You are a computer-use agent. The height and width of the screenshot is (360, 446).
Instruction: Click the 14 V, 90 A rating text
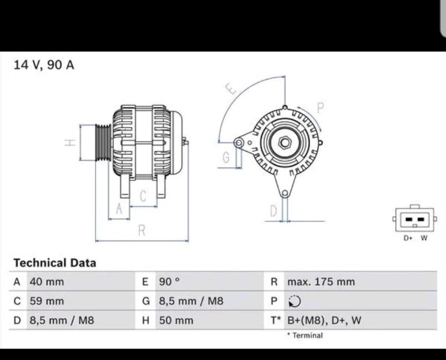[44, 65]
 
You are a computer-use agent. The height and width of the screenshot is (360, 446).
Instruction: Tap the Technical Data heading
[54, 263]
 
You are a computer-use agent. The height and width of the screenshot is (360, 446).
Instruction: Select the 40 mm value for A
[46, 282]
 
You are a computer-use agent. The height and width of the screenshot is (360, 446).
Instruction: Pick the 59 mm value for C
[46, 301]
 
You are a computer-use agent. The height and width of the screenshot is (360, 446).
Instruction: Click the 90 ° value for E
[169, 282]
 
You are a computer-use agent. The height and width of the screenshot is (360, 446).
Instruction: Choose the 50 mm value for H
[175, 320]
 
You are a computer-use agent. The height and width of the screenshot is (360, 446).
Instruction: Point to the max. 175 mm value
[320, 282]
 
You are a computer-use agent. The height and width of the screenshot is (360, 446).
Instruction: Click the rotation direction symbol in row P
[294, 302]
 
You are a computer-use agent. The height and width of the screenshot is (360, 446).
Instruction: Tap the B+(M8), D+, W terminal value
[324, 320]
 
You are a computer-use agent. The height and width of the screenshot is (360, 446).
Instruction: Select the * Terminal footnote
[305, 335]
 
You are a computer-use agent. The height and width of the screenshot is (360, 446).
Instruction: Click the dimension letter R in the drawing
[142, 230]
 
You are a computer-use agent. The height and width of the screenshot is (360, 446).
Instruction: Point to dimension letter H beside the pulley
[69, 142]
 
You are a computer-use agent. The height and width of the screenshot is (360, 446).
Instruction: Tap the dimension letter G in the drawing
[226, 158]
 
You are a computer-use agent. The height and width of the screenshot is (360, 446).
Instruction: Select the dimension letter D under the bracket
[273, 211]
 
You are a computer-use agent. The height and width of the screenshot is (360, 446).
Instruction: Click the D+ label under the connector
[408, 238]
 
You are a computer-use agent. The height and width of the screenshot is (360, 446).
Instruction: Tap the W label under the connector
[424, 238]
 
